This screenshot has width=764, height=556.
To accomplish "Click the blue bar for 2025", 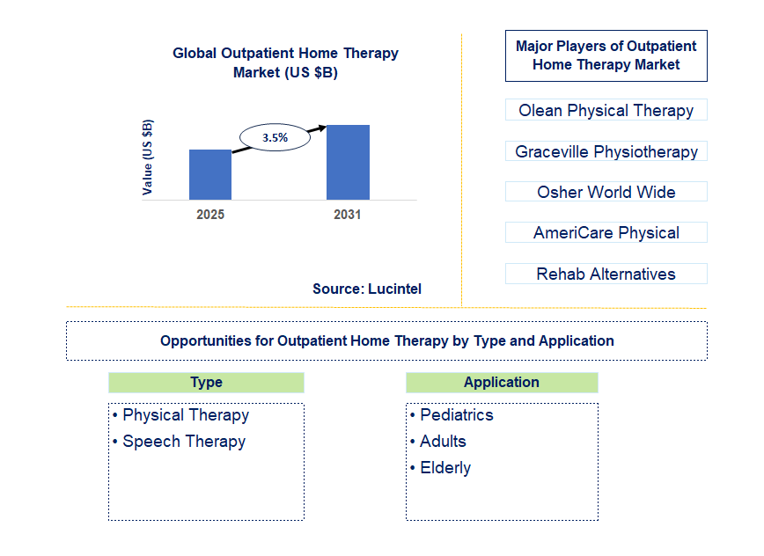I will tap(210, 174).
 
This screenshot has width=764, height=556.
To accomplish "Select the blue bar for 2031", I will tap(348, 162).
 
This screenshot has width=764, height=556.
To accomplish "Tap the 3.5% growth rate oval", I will tap(275, 137).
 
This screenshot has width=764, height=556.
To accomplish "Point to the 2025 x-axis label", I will tap(210, 215).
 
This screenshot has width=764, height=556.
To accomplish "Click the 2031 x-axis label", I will tap(347, 215).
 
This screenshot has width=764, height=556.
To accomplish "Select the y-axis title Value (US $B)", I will tap(148, 157).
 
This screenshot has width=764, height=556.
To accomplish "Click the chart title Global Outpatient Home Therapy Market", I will tap(285, 62).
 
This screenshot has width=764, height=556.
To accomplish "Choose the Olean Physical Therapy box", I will tap(606, 110).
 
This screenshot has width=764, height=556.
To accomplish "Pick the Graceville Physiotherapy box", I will tap(606, 151).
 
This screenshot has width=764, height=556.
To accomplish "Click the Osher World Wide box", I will tap(606, 192).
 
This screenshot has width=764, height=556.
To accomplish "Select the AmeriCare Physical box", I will tap(606, 232).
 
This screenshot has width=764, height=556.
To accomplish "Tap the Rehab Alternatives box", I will tap(606, 274).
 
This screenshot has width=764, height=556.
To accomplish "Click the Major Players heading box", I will tap(606, 55).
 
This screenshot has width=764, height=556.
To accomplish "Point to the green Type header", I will tap(206, 382).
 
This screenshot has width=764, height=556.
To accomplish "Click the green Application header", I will tap(502, 382).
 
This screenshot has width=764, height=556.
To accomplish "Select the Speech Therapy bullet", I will tap(183, 442).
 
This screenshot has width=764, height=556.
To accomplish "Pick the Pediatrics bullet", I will tap(456, 415).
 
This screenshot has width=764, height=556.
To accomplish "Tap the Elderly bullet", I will tap(444, 468).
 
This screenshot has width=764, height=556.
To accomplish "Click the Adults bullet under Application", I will tap(443, 442).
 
